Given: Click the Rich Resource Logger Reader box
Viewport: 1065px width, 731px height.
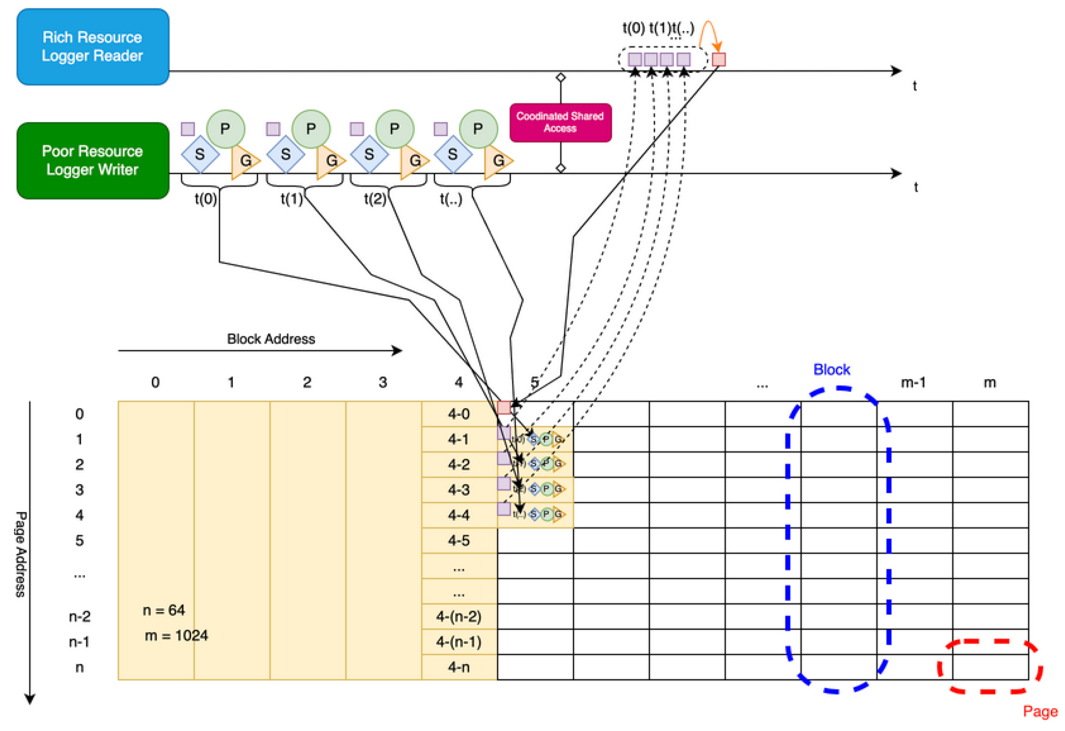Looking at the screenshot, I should pos(92,46).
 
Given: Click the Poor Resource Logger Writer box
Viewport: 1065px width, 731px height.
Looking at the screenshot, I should pos(92,161).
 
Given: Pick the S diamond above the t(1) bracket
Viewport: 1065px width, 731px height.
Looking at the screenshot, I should pos(285,154).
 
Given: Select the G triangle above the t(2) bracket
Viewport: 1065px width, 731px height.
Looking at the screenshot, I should pos(413,161).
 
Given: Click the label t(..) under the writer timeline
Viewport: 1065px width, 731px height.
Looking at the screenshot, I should pos(450,199).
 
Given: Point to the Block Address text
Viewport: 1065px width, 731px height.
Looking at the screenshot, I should pos(271,339).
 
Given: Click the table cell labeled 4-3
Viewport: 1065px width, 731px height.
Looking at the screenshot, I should pos(459,490).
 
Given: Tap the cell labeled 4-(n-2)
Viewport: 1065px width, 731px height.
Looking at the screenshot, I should pos(459,616).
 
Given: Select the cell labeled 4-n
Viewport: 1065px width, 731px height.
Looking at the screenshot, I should pos(459,667).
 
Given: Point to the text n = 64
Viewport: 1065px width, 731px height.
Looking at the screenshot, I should pos(164,610).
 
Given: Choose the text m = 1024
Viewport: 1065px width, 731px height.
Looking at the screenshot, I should pos(176,635).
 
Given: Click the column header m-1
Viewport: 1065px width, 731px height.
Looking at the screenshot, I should pos(913,382).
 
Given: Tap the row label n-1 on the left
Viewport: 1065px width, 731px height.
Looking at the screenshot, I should pos(79,642).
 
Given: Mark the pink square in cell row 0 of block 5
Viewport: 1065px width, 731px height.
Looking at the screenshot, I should pos(504,407).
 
